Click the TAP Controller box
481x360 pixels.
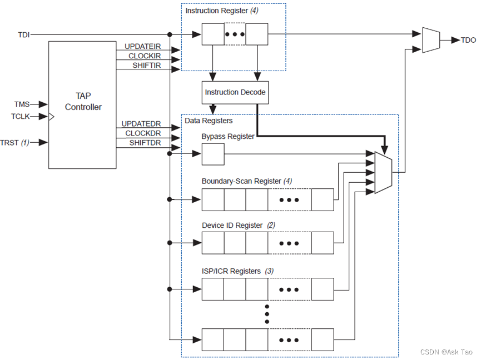[83, 104]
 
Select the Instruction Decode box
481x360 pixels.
[235, 92]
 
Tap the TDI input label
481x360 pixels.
[23, 35]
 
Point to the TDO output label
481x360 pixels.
[468, 40]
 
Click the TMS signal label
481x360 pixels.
[22, 104]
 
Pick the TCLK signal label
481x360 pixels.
[21, 117]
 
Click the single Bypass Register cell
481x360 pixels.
[212, 154]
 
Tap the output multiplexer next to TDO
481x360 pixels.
[431, 40]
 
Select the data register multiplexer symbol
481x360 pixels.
[383, 173]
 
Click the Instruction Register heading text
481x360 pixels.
[214, 11]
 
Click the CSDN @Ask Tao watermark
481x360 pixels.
[446, 352]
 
